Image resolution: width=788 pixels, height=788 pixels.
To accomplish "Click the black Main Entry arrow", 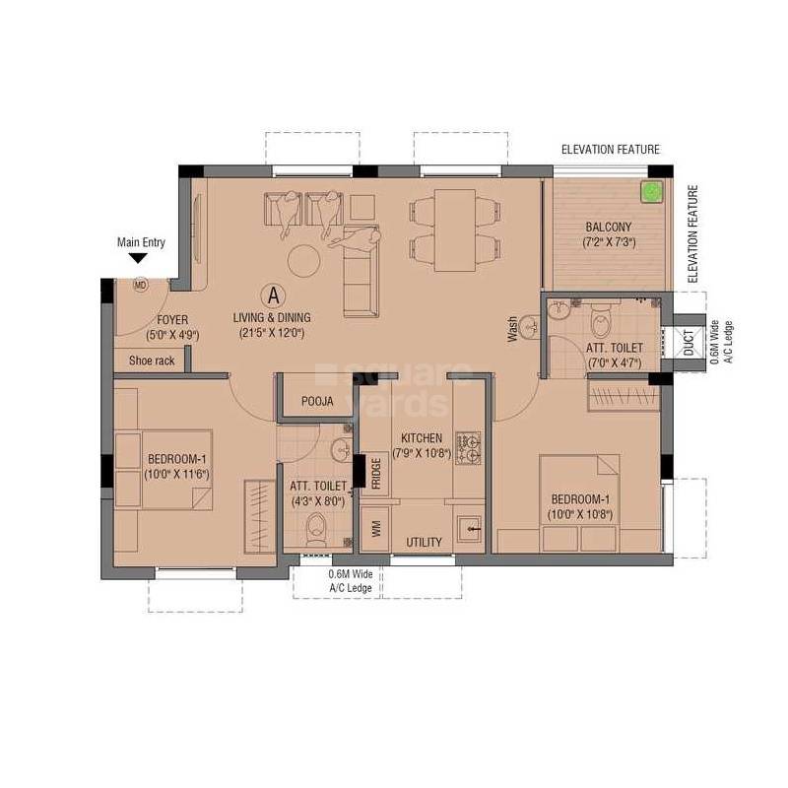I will coord(138,258).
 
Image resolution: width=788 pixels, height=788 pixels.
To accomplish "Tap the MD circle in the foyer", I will coord(140,286).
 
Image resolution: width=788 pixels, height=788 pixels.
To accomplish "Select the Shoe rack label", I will coord(152,361).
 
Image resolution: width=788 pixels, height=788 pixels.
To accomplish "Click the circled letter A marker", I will coord(272,294).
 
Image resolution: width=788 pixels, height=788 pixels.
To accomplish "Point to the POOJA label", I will coord(317,402).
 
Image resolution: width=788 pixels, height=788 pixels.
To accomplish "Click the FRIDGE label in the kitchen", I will coord(375,475).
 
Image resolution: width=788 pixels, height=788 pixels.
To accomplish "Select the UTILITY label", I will coord(425,543).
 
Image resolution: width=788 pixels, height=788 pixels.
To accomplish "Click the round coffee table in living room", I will coord(303,260).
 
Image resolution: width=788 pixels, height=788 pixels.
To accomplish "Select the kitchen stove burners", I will coord(466,446).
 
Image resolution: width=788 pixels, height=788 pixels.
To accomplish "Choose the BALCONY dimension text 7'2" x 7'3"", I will coord(608,242).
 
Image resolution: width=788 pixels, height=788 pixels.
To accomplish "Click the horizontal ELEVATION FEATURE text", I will coord(610,150).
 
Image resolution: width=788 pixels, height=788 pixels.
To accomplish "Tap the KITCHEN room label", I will coord(421,438).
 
